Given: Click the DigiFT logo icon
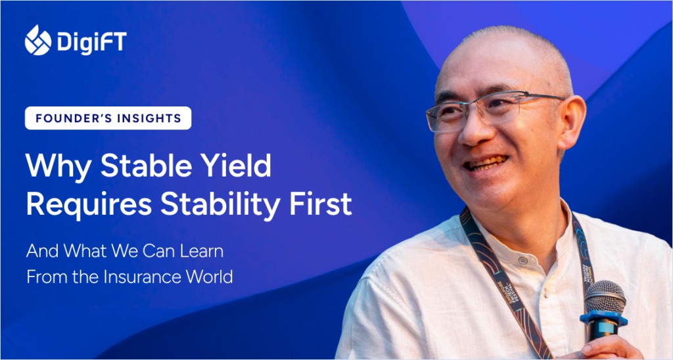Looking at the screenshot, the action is click(37, 40).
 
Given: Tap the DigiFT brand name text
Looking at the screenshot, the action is click(92, 43).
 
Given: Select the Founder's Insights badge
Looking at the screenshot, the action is click(108, 118).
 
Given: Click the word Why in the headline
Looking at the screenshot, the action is click(58, 166).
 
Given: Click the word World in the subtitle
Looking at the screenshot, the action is click(210, 277).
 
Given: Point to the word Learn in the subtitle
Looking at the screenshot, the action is click(202, 251).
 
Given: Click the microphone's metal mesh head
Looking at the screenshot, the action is click(605, 297).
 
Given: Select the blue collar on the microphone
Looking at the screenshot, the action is click(604, 319).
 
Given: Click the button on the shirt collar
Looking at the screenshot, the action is click(522, 260).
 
